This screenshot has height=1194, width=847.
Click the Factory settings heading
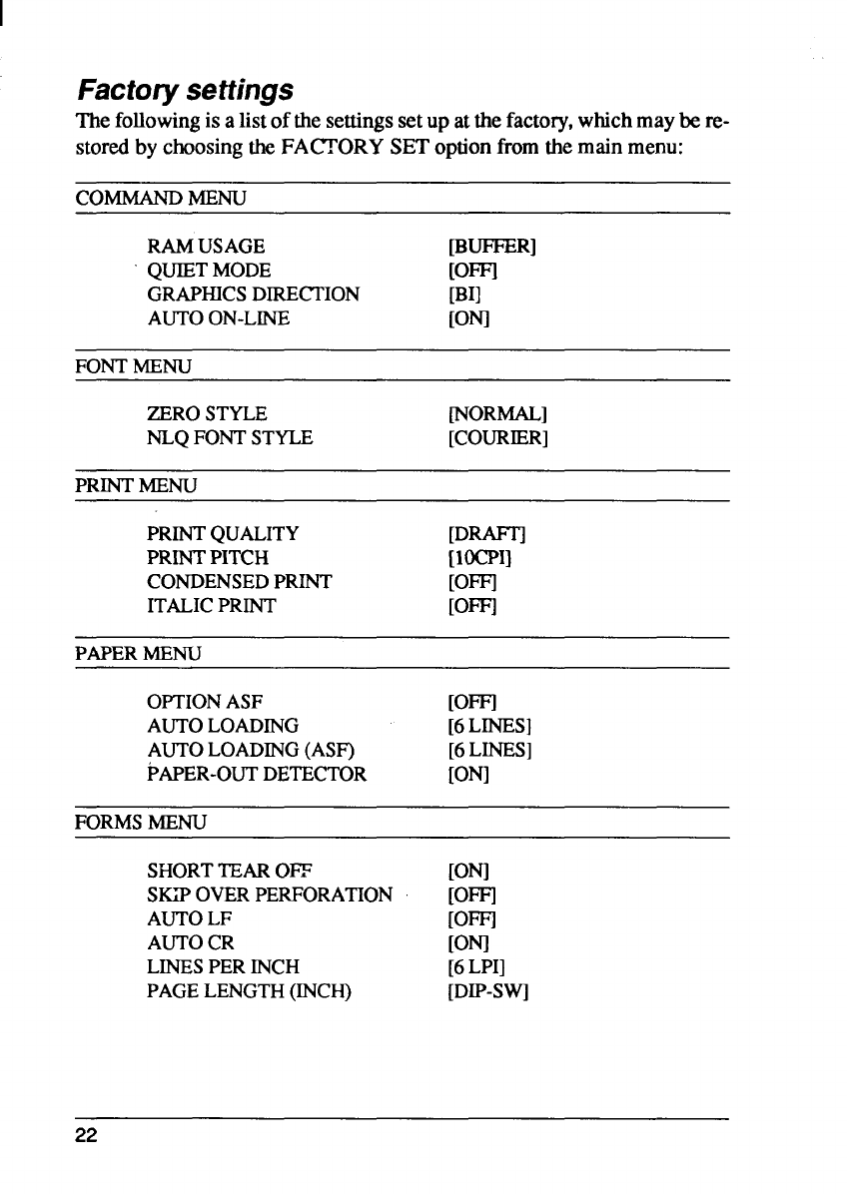tap(186, 91)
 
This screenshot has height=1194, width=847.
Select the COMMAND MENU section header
tap(162, 198)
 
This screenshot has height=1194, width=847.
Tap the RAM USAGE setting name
tap(206, 246)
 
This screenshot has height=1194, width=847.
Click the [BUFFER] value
tap(494, 246)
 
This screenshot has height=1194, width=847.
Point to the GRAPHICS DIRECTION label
tap(253, 295)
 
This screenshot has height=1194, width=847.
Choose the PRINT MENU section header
tap(137, 486)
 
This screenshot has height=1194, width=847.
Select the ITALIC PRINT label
tap(211, 606)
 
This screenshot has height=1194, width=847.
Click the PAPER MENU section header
tap(139, 654)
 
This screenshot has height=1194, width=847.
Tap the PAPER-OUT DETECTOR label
tap(257, 774)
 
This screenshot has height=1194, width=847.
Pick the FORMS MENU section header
tap(141, 823)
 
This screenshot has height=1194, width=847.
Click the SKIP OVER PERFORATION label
tap(270, 895)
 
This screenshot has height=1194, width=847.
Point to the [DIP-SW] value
tap(488, 991)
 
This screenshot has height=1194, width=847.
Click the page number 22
tap(88, 1138)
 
